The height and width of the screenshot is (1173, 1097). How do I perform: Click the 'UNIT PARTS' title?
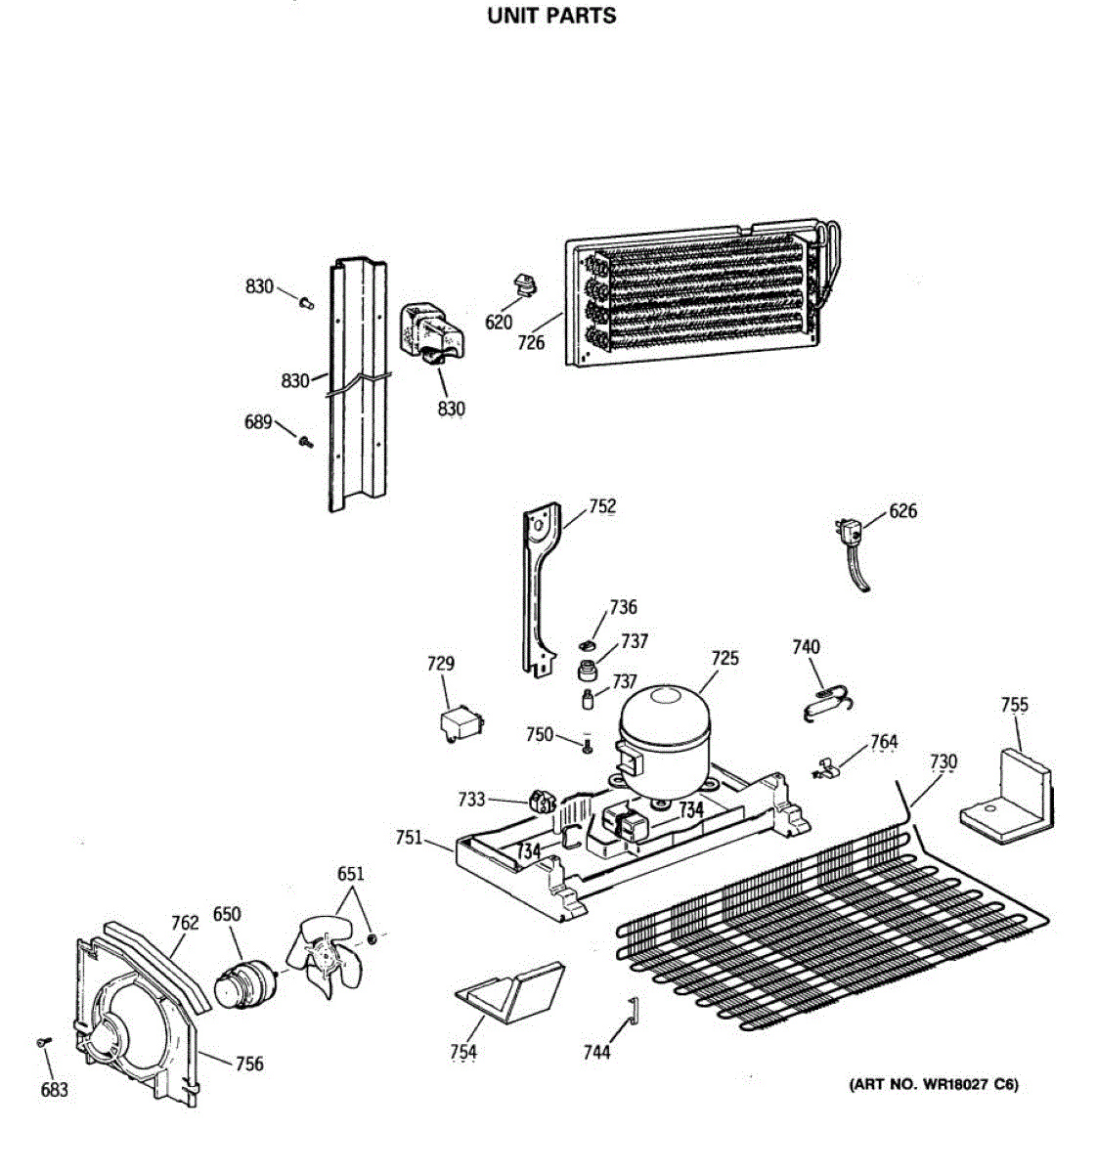coord(551,16)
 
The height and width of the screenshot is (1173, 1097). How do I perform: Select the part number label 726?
coord(531,343)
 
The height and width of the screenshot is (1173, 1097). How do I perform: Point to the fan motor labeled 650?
coord(241,981)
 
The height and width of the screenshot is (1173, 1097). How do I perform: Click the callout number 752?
coord(602,506)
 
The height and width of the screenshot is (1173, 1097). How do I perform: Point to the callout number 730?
coord(943,761)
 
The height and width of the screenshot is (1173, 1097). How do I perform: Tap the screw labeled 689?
coord(305,443)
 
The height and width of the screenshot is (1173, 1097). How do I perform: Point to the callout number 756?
coord(249,1064)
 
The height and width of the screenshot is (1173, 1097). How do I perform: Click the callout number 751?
coord(409,837)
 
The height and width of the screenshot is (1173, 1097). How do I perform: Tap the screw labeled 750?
coord(587,747)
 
